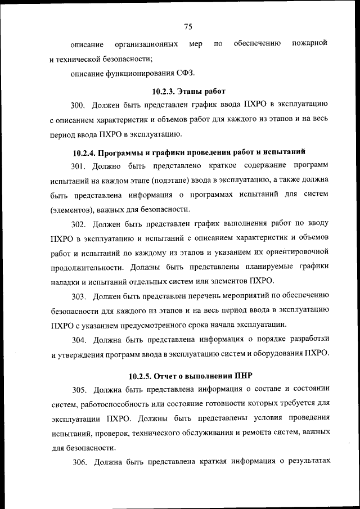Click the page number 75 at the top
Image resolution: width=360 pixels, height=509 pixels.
(x=188, y=26)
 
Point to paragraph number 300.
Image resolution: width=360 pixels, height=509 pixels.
(x=78, y=105)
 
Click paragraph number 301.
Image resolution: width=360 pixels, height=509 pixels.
(x=78, y=165)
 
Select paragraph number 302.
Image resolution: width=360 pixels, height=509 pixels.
(x=78, y=224)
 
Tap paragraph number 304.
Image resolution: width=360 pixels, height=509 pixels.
(x=78, y=339)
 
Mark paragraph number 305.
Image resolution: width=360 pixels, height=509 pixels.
(x=78, y=389)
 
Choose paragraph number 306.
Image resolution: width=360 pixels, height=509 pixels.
(x=78, y=463)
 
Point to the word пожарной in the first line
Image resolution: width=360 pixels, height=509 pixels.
(x=309, y=43)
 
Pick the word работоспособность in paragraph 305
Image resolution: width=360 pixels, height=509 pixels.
(x=115, y=404)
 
